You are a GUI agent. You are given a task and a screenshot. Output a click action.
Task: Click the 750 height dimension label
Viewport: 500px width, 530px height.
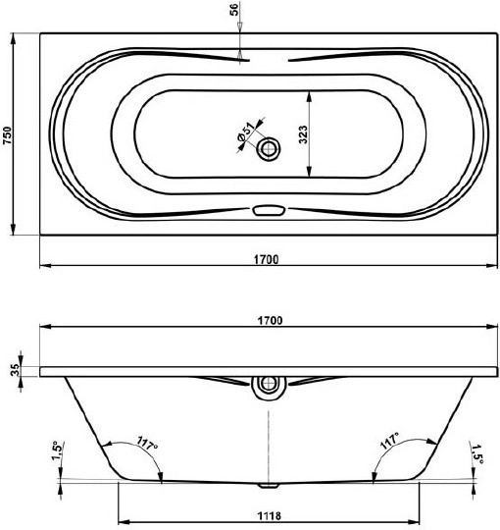[x=8, y=134]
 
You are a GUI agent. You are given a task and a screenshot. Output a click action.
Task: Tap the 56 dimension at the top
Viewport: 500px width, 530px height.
[x=234, y=9]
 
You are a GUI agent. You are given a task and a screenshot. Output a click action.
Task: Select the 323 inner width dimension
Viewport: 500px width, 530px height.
[x=303, y=134]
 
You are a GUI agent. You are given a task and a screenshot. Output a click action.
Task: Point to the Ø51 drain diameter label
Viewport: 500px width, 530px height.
[x=246, y=132]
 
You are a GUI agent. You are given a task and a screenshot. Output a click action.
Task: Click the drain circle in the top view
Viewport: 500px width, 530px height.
[x=269, y=148]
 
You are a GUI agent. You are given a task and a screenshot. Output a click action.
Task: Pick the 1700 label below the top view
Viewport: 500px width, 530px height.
[x=267, y=259]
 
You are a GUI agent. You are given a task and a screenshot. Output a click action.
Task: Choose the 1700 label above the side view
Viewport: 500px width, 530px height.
[x=270, y=320]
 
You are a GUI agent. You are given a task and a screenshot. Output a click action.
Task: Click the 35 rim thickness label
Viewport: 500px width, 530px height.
[x=15, y=370]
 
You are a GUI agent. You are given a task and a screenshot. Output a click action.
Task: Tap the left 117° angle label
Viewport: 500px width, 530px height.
[x=147, y=443]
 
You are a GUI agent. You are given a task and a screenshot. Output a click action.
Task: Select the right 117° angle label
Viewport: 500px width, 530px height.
[x=389, y=440]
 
